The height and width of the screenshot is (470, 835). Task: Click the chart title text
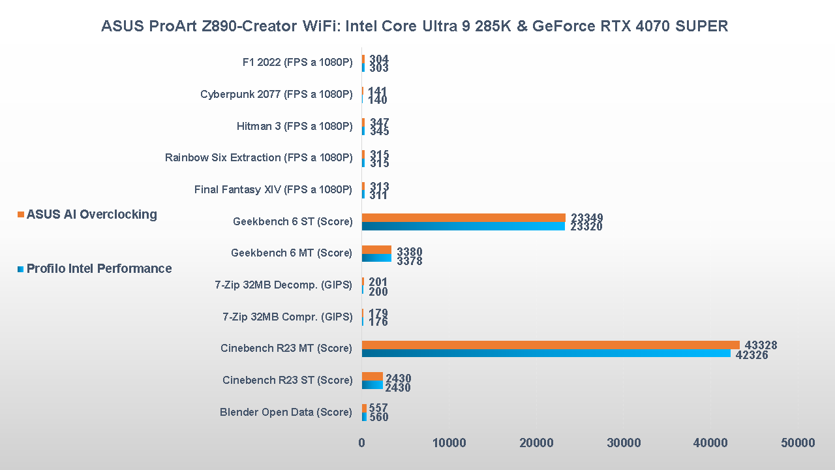[x=414, y=26]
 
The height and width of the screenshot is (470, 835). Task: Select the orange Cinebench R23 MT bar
[x=551, y=345]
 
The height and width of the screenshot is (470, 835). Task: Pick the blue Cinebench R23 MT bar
[x=546, y=353]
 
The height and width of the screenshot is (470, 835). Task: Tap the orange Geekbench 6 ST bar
[x=463, y=217]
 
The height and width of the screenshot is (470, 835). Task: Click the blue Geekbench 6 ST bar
[x=463, y=226]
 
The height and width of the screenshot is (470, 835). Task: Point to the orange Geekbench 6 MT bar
[x=376, y=249]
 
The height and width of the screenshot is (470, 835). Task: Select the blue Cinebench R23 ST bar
[x=372, y=384]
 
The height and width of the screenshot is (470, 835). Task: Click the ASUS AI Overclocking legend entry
[x=91, y=214]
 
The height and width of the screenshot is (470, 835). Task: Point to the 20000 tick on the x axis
[x=536, y=443]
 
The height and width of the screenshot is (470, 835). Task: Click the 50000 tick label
[x=797, y=443]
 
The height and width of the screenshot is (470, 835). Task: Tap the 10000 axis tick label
[x=449, y=443]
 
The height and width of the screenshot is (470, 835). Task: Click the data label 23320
[x=586, y=227]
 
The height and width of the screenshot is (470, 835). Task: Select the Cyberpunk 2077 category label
[x=276, y=94]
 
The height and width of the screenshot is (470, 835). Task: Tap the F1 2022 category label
[x=297, y=63]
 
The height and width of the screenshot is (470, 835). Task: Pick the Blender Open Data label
[x=286, y=412]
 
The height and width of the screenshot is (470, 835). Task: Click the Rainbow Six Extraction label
[x=258, y=157]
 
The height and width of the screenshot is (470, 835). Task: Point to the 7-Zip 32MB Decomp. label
[x=283, y=285]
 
